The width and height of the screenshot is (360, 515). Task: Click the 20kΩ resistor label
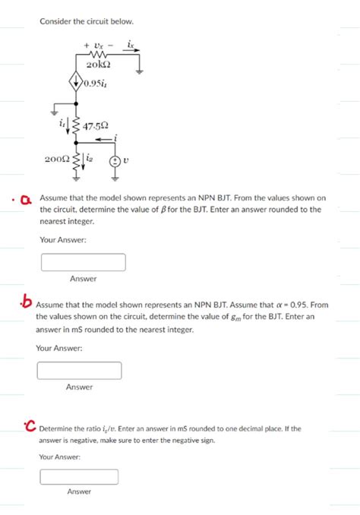[x=99, y=64]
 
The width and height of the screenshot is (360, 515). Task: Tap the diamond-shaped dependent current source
[x=76, y=80]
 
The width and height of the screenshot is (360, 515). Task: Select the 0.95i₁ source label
[x=96, y=83]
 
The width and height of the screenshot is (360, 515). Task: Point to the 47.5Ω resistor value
[x=95, y=126]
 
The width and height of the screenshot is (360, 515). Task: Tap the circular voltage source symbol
[x=115, y=161]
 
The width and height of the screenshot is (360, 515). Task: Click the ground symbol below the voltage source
[x=115, y=179]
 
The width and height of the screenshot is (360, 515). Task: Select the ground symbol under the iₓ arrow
[x=140, y=71]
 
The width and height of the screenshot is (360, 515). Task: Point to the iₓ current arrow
[x=131, y=50]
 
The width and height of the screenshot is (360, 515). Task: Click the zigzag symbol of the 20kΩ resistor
[x=98, y=54]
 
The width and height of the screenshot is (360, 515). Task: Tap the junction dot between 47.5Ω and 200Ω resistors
[x=76, y=143]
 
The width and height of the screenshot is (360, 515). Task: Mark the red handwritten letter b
[x=27, y=302]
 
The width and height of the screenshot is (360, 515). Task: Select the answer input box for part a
[x=84, y=262]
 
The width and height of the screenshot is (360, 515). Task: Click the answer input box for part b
[x=79, y=371]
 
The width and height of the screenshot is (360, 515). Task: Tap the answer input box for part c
[x=79, y=477]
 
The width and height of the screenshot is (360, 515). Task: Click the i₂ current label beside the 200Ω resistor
[x=90, y=158]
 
